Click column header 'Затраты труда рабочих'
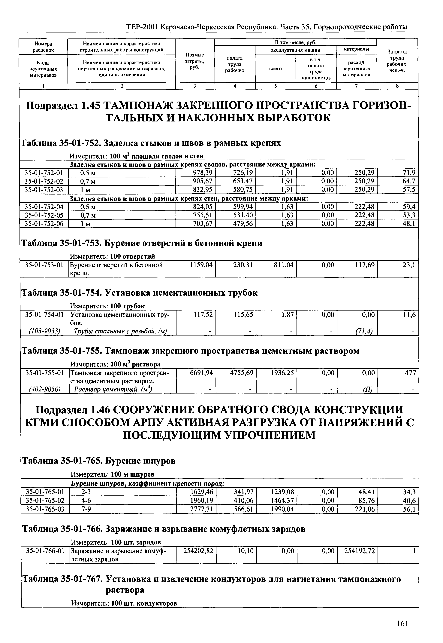point(397,61)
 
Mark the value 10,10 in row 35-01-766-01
point(246,551)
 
